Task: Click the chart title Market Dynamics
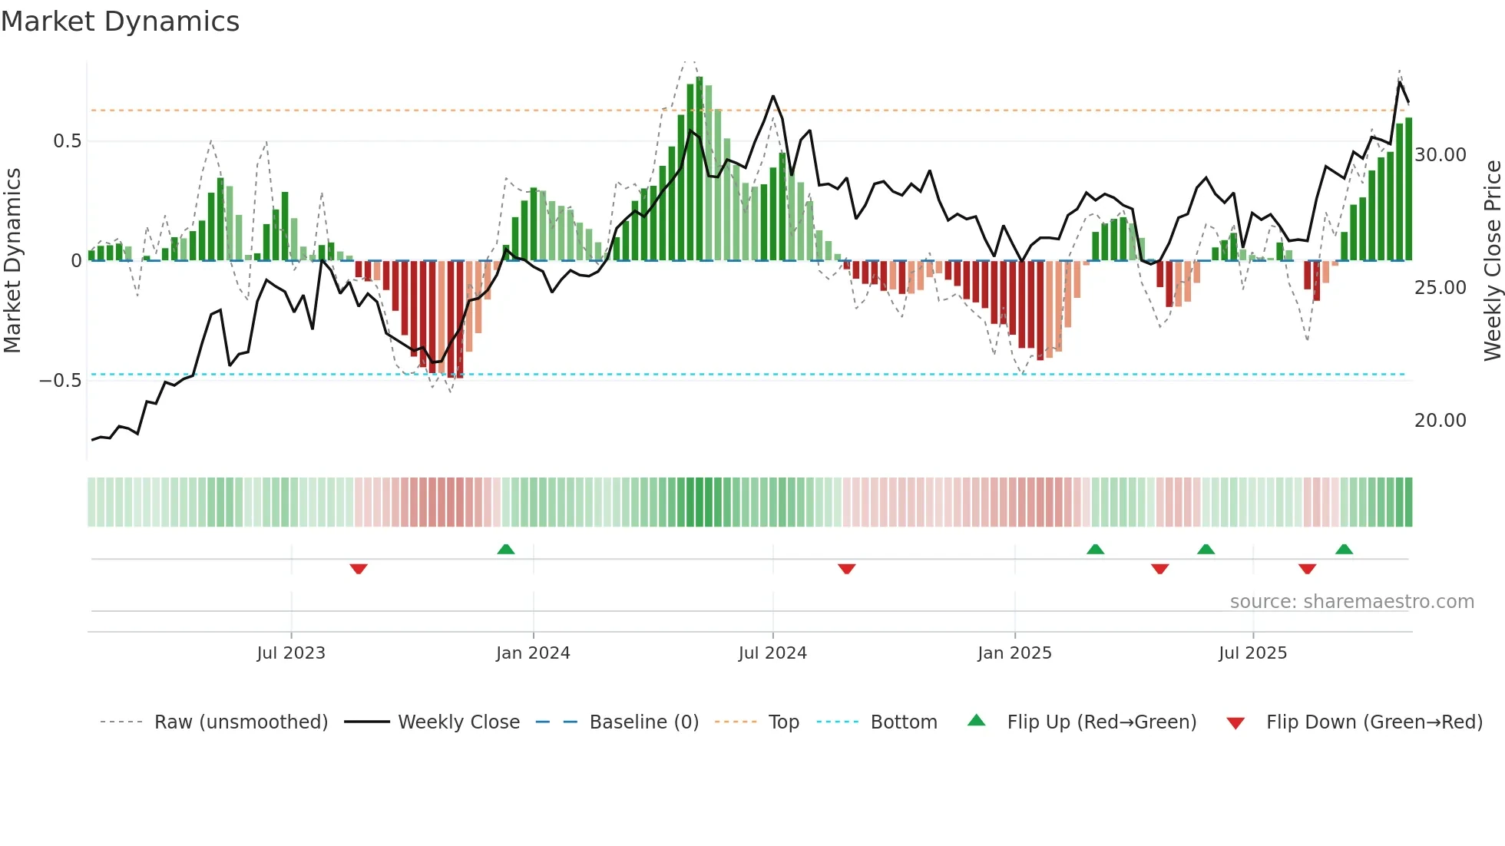pyautogui.click(x=121, y=21)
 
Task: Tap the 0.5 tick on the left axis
pyautogui.click(x=67, y=141)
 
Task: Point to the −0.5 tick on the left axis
pyautogui.click(x=61, y=381)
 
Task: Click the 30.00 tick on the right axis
pyautogui.click(x=1440, y=155)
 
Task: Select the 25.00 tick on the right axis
pyautogui.click(x=1440, y=288)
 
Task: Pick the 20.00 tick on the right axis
pyautogui.click(x=1440, y=421)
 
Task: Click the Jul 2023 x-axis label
pyautogui.click(x=291, y=653)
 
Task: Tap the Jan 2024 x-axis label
pyautogui.click(x=533, y=653)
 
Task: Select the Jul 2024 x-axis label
pyautogui.click(x=772, y=653)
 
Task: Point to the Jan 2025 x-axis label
pyautogui.click(x=1014, y=653)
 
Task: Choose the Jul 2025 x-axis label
pyautogui.click(x=1252, y=653)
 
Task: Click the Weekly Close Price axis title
pyautogui.click(x=1492, y=260)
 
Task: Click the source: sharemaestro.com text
pyautogui.click(x=1351, y=602)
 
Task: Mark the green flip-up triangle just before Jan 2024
pyautogui.click(x=506, y=550)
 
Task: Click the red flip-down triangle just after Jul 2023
pyautogui.click(x=359, y=569)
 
